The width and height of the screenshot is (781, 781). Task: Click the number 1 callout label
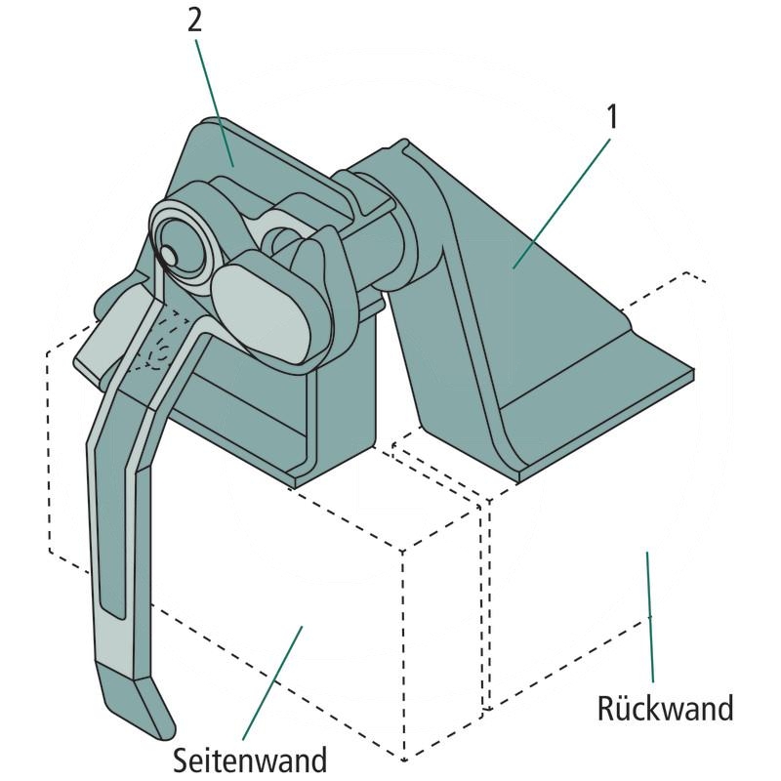[612, 118]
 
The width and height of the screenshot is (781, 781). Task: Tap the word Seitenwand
[250, 758]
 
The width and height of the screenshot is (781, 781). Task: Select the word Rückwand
[665, 707]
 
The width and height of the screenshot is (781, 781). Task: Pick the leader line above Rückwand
[649, 615]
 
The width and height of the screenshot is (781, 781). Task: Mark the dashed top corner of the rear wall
[689, 272]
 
